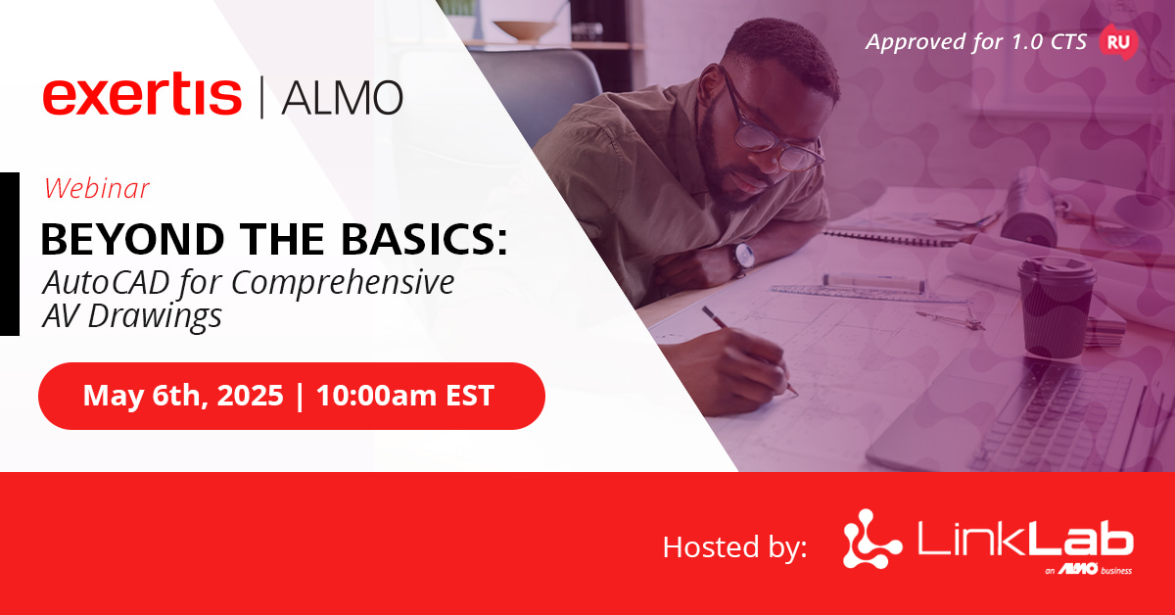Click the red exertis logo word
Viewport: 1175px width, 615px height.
click(x=142, y=94)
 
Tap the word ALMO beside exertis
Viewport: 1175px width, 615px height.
click(x=343, y=98)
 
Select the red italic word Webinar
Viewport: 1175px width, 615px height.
click(x=97, y=188)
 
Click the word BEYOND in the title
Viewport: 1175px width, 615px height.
click(x=133, y=239)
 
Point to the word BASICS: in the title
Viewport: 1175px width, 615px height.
click(x=424, y=239)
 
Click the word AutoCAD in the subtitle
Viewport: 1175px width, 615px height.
click(x=107, y=282)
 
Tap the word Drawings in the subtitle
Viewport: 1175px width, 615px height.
click(x=155, y=317)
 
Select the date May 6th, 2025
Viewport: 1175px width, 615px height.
click(x=183, y=395)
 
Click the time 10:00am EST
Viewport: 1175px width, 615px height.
click(x=405, y=395)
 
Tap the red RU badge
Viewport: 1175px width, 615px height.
click(x=1118, y=42)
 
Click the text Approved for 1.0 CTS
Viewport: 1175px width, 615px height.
click(x=975, y=42)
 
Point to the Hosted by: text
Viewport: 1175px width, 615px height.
click(x=735, y=546)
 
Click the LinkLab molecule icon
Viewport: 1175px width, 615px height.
click(x=871, y=539)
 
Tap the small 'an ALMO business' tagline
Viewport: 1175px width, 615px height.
click(x=1089, y=570)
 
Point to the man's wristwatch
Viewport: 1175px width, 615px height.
click(x=743, y=257)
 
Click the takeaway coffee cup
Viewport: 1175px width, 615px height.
click(x=1055, y=307)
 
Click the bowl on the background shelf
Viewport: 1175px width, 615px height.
click(x=525, y=30)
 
